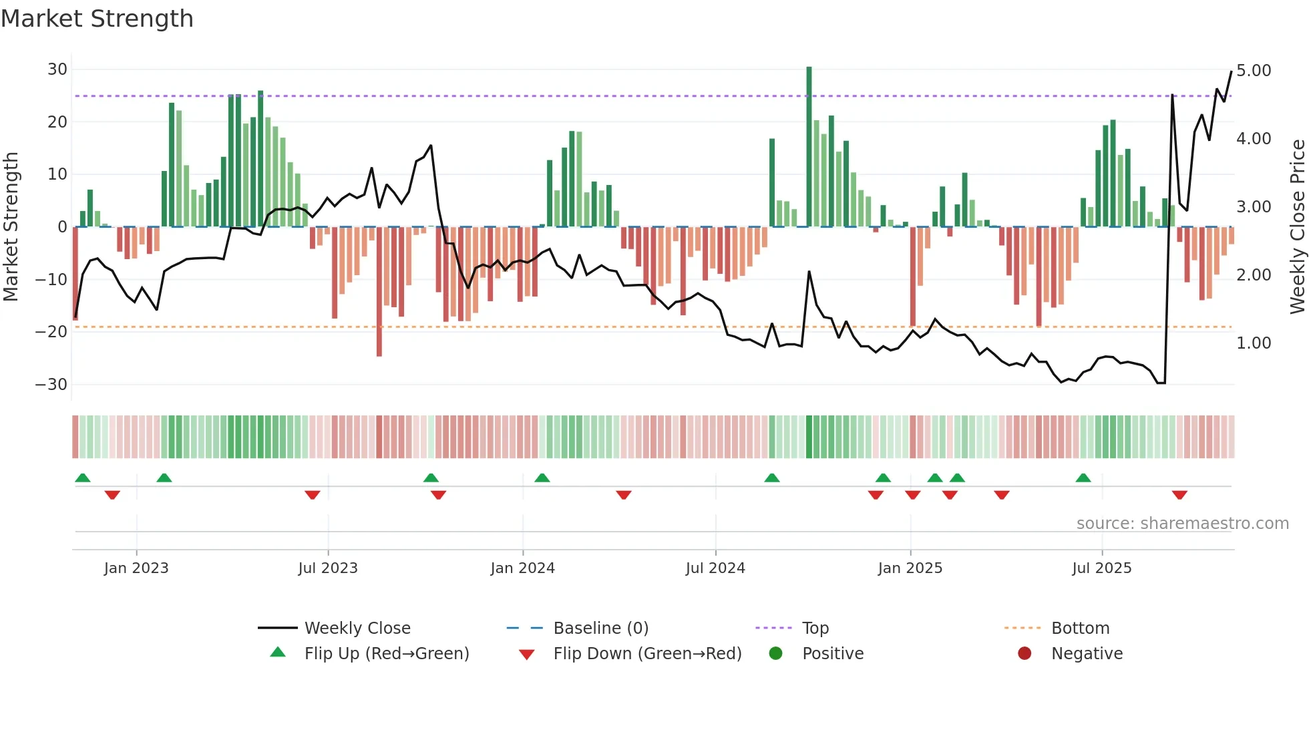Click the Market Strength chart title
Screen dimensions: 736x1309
pyautogui.click(x=97, y=19)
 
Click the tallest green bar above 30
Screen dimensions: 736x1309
pyautogui.click(x=809, y=147)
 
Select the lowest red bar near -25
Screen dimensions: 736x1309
pyautogui.click(x=379, y=291)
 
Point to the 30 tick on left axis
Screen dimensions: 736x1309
pyautogui.click(x=57, y=69)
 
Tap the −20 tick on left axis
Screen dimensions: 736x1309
pyautogui.click(x=51, y=332)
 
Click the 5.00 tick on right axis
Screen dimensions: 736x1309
pyautogui.click(x=1254, y=71)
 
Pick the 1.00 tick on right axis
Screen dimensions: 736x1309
pyautogui.click(x=1254, y=343)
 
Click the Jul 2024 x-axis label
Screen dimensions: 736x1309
pyautogui.click(x=715, y=568)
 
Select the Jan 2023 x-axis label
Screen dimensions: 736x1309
pyautogui.click(x=136, y=568)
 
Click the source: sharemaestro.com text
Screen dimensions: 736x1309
pyautogui.click(x=1182, y=524)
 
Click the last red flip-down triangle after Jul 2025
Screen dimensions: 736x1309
pyautogui.click(x=1179, y=495)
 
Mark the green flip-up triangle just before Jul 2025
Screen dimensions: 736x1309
pyautogui.click(x=1083, y=478)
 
